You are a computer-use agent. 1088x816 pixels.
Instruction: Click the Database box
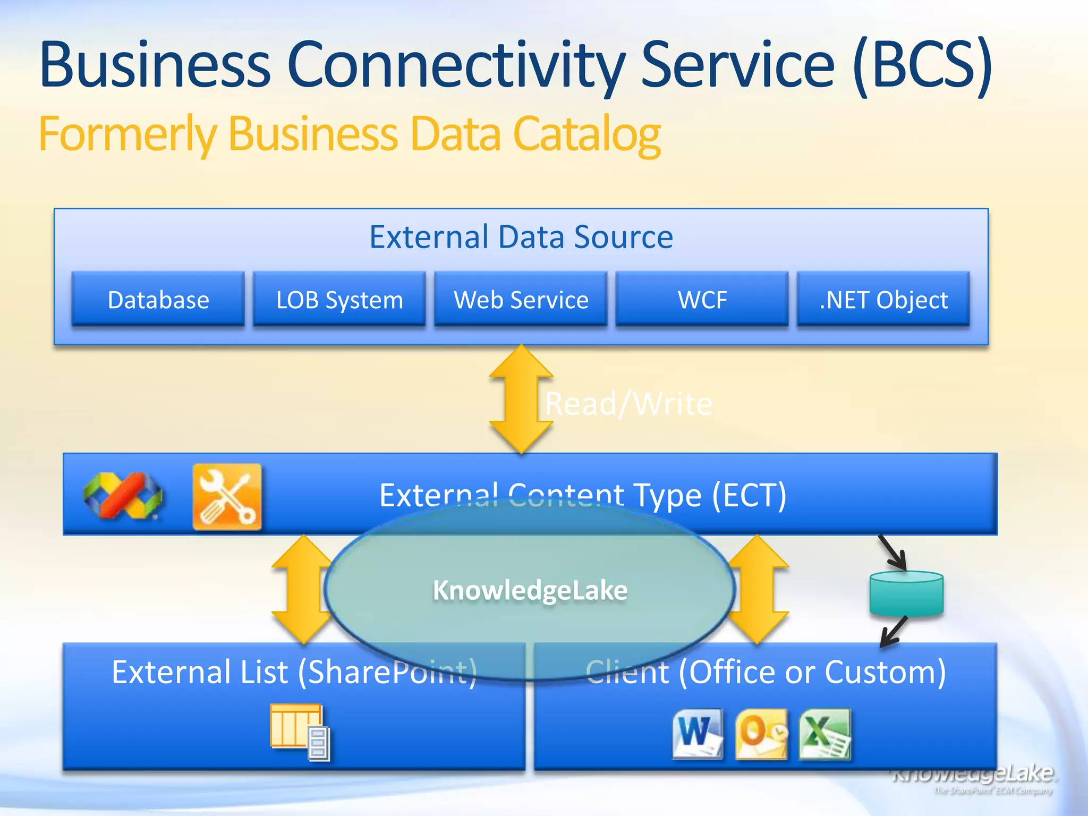point(158,299)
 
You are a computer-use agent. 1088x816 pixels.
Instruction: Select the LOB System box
point(339,299)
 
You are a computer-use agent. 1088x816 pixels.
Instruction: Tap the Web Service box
point(521,299)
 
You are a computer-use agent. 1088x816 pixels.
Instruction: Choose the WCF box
point(702,299)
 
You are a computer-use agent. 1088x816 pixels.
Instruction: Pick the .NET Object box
point(883,299)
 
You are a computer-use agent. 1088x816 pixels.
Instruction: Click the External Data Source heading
point(521,236)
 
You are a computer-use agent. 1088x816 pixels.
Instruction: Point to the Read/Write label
point(628,404)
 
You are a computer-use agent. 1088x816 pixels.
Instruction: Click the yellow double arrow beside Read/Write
point(521,398)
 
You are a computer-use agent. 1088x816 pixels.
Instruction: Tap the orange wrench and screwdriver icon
point(227,497)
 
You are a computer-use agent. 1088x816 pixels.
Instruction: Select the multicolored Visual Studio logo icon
point(123,496)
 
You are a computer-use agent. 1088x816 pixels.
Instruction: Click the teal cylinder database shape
point(906,593)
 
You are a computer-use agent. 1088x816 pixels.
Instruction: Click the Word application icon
point(698,733)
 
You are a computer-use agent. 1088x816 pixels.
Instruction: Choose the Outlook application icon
point(761,734)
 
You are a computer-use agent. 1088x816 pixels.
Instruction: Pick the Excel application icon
point(825,734)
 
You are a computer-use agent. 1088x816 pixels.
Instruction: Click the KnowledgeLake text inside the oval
point(530,590)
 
